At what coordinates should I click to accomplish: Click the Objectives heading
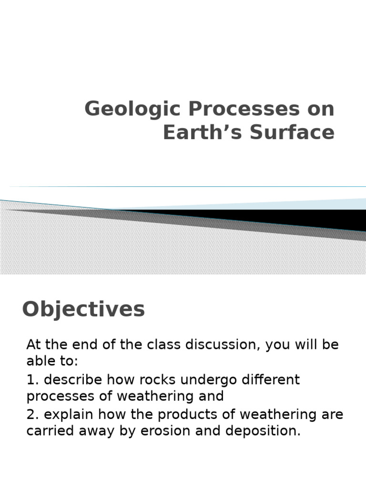(83, 309)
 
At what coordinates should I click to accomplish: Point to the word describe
(72, 380)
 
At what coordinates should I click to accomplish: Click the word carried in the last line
(49, 431)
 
